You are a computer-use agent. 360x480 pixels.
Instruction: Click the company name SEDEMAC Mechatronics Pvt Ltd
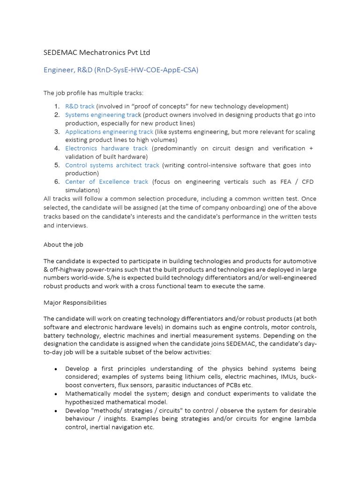pyautogui.click(x=97, y=52)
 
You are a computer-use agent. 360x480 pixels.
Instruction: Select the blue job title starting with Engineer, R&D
pyautogui.click(x=121, y=70)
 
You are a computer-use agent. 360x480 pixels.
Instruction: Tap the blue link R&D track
pyautogui.click(x=80, y=106)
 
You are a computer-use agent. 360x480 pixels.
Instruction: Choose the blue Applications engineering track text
pyautogui.click(x=109, y=132)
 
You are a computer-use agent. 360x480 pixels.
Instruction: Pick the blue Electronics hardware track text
pyautogui.click(x=106, y=148)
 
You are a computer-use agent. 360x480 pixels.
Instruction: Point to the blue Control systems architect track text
pyautogui.click(x=112, y=165)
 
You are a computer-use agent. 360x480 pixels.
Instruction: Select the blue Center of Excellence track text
pyautogui.click(x=106, y=181)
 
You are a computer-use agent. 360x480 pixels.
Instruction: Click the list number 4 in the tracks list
pyautogui.click(x=57, y=148)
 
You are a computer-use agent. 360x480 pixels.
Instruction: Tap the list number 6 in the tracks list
pyautogui.click(x=57, y=181)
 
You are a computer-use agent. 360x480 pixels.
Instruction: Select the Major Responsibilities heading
pyautogui.click(x=75, y=302)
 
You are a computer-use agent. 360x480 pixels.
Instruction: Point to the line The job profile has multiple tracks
pyautogui.click(x=94, y=93)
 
